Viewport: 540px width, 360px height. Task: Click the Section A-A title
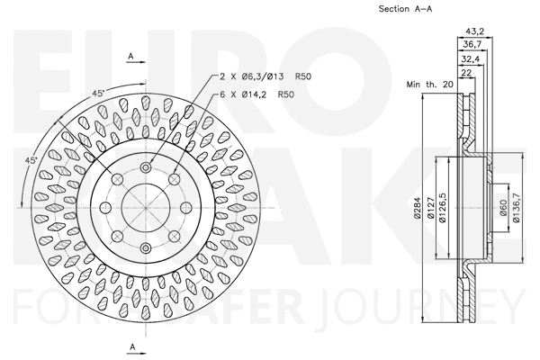pyautogui.click(x=405, y=9)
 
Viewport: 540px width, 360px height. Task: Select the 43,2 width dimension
pyautogui.click(x=475, y=31)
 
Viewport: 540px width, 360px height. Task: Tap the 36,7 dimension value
pyautogui.click(x=472, y=44)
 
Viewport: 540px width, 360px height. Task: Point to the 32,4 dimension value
pyautogui.click(x=471, y=59)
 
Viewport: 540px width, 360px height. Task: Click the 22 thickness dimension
pyautogui.click(x=466, y=72)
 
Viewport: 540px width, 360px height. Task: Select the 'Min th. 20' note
pyautogui.click(x=430, y=84)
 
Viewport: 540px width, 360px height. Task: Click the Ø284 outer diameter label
pyautogui.click(x=418, y=208)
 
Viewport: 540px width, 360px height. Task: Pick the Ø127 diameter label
pyautogui.click(x=430, y=208)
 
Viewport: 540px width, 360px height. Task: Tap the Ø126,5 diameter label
pyautogui.click(x=443, y=208)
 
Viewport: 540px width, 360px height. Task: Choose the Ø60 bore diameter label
pyautogui.click(x=503, y=208)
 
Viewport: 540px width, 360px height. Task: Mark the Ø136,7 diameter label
pyautogui.click(x=516, y=208)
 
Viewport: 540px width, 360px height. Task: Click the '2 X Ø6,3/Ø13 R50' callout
pyautogui.click(x=265, y=76)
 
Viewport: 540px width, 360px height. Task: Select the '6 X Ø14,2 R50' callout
pyautogui.click(x=256, y=94)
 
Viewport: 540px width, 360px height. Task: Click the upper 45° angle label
pyautogui.click(x=98, y=93)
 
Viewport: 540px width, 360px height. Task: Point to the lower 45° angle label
pyautogui.click(x=31, y=160)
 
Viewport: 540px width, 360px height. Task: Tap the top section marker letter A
pyautogui.click(x=130, y=56)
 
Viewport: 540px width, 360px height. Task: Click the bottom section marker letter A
pyautogui.click(x=133, y=346)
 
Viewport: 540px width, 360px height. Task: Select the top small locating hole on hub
pyautogui.click(x=146, y=167)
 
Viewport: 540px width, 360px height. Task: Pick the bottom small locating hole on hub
pyautogui.click(x=146, y=247)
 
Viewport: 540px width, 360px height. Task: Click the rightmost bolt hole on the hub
pyautogui.click(x=186, y=207)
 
